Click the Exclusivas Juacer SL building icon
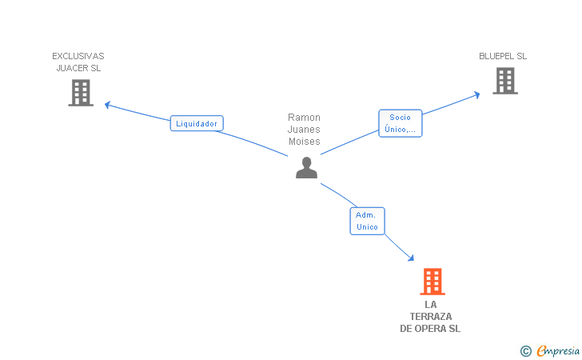click(81, 93)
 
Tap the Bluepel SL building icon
click(504, 81)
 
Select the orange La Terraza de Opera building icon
click(432, 282)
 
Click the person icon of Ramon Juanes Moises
click(306, 167)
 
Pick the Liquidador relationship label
click(197, 123)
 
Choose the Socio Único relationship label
click(400, 123)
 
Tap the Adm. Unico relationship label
click(367, 221)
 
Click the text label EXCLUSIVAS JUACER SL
click(78, 62)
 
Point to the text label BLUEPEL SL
click(503, 56)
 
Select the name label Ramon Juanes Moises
click(304, 130)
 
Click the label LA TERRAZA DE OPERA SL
click(430, 317)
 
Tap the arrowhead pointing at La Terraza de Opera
click(411, 258)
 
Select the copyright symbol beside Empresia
click(525, 350)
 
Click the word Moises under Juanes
click(304, 142)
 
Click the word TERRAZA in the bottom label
click(430, 317)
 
